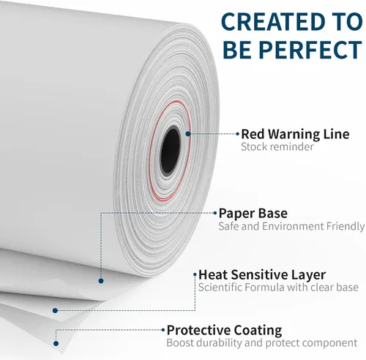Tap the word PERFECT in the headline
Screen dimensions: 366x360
[310, 50]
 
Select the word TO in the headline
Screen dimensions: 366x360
[348, 21]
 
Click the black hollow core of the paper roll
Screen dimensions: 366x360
[170, 151]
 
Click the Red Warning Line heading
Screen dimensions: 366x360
[295, 134]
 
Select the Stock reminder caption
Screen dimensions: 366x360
[277, 147]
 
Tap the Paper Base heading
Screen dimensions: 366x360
[253, 213]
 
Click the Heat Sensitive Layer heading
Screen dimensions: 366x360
[262, 274]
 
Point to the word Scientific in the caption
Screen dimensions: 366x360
[220, 287]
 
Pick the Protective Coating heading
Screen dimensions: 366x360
[224, 330]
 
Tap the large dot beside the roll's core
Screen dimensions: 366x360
[188, 134]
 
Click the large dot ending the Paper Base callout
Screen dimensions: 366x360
[101, 281]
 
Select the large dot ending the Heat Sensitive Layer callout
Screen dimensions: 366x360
[55, 310]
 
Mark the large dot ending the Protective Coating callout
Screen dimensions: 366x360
[56, 343]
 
